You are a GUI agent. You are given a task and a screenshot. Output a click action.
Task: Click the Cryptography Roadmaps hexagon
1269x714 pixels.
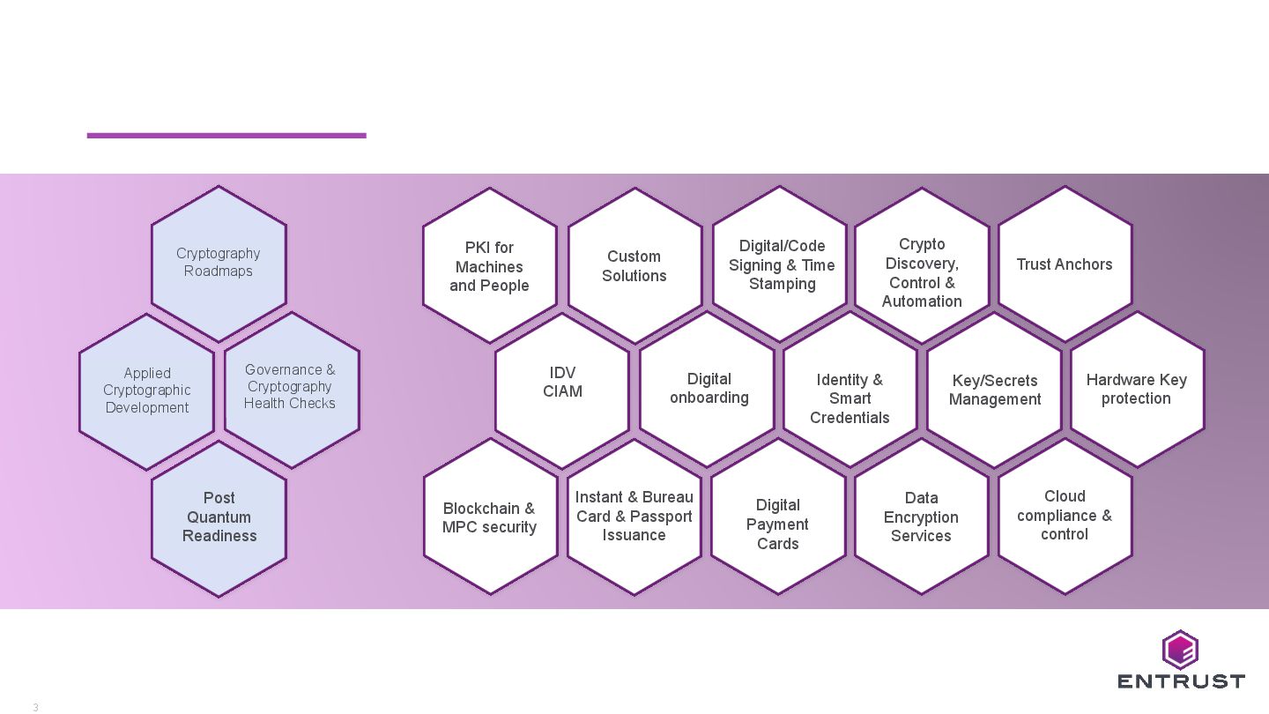(219, 263)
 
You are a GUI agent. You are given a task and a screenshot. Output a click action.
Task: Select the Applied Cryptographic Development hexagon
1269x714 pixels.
(146, 390)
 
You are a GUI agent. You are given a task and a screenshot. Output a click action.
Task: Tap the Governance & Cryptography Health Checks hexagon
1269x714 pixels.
(291, 388)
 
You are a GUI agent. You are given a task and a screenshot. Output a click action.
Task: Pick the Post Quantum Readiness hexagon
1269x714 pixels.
(219, 517)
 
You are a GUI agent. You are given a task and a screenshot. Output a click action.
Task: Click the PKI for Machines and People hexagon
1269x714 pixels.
(489, 265)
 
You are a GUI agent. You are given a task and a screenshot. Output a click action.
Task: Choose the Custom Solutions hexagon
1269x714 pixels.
(634, 265)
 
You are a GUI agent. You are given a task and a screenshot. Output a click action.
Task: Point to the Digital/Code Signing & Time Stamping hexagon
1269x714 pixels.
(780, 264)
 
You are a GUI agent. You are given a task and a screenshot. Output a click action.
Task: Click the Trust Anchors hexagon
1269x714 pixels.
(1065, 264)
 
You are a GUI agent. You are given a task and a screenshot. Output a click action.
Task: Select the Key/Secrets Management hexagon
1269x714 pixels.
(994, 390)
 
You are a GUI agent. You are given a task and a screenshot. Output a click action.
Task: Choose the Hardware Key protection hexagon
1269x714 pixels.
(1137, 389)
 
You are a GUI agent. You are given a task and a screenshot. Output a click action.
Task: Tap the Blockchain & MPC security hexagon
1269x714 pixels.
(490, 517)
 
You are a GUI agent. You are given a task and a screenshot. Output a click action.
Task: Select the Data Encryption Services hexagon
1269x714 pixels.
(922, 517)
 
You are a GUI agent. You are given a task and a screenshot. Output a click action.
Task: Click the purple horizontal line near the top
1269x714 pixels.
(226, 135)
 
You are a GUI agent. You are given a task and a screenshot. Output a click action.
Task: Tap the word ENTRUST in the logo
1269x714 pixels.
(1181, 681)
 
